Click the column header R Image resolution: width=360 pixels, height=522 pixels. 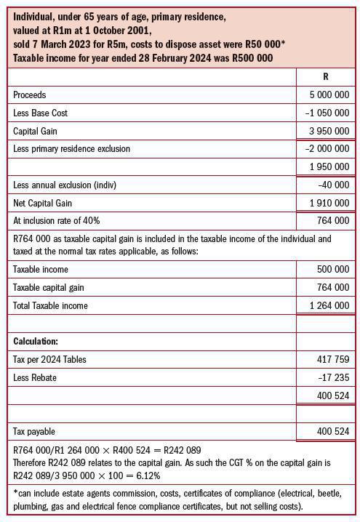point(325,76)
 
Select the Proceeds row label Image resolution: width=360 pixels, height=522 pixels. point(29,95)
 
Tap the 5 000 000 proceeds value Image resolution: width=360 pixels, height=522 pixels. point(329,95)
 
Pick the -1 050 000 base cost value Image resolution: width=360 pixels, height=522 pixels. point(327,113)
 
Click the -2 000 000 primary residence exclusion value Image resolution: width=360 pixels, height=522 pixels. point(327,149)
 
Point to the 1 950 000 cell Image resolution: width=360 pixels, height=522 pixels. point(329,167)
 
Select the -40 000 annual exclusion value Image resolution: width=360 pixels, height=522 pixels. point(334,185)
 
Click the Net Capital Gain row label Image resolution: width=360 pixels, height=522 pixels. point(43,204)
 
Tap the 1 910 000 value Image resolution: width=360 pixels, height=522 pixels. point(329,204)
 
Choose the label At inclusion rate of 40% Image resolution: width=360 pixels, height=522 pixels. point(57,221)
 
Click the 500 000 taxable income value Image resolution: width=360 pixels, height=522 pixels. point(333,269)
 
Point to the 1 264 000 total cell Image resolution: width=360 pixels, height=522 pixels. point(329,305)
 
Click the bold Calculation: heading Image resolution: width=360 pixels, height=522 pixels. point(36,341)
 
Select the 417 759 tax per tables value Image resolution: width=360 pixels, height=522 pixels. point(333,359)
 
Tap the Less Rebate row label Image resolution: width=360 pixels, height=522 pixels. point(35,377)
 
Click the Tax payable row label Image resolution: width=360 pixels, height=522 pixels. point(33,432)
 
